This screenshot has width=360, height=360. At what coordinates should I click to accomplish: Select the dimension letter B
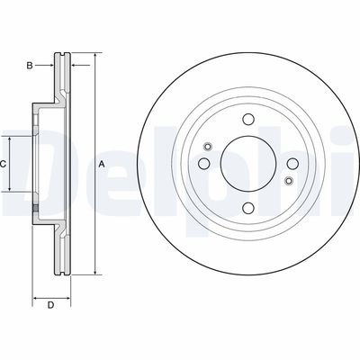pyautogui.click(x=29, y=66)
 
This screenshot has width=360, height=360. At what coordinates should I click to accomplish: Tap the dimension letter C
pyautogui.click(x=4, y=164)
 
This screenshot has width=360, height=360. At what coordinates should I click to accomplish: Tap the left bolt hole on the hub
pyautogui.click(x=204, y=163)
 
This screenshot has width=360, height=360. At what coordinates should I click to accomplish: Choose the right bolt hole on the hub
pyautogui.click(x=291, y=163)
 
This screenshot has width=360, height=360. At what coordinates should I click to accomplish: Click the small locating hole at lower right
pyautogui.click(x=287, y=181)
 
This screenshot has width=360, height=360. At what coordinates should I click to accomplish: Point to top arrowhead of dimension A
pyautogui.click(x=94, y=56)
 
